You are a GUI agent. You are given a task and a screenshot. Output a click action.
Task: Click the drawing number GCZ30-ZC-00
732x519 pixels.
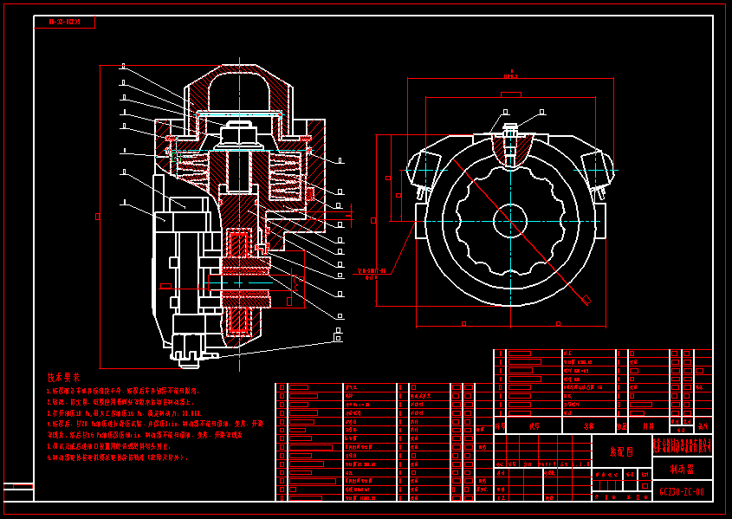[x=682, y=491]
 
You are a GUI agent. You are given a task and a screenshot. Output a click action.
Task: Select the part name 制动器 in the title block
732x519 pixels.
[x=682, y=469]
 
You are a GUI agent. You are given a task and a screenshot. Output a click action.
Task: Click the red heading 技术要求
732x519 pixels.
[x=63, y=378]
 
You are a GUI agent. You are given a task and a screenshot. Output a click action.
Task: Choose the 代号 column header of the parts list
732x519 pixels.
[x=534, y=426]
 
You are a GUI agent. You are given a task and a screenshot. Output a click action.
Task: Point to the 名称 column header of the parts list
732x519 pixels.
[x=589, y=426]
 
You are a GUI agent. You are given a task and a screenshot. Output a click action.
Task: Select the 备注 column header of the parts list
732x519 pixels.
[x=703, y=426]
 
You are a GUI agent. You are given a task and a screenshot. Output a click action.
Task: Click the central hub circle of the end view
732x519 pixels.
[x=510, y=220]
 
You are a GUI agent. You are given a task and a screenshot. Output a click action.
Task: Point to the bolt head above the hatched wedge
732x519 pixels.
[x=509, y=130]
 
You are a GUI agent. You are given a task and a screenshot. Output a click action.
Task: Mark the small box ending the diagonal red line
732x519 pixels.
[x=586, y=300]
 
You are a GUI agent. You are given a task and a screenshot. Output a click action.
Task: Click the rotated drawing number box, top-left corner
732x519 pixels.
[x=64, y=23]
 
